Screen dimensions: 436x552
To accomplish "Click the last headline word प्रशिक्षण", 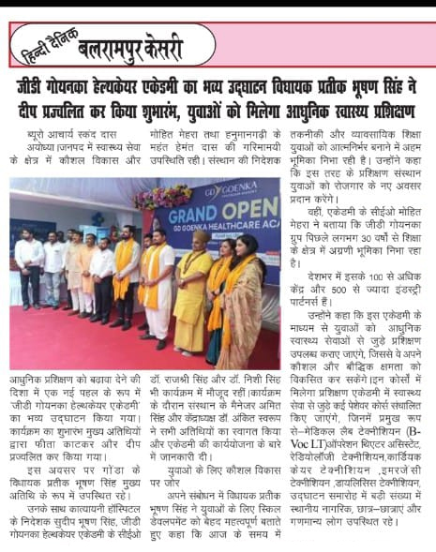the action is (x=388, y=106).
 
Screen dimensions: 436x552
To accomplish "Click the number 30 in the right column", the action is (x=380, y=225).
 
